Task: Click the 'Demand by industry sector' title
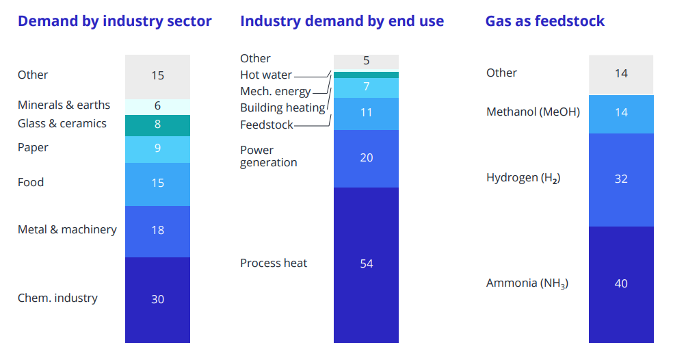point(115,21)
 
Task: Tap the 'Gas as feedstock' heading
point(544,21)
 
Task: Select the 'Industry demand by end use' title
point(342,21)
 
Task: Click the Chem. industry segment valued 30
point(157,300)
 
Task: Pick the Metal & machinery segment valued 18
point(157,231)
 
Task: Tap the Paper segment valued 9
point(157,149)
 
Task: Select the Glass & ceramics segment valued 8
point(157,125)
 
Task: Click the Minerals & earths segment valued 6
point(157,107)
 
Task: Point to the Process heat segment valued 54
point(366,265)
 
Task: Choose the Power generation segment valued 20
point(366,159)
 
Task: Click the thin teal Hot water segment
point(366,75)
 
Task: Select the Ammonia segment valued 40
point(621,285)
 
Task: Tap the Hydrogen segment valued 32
point(621,180)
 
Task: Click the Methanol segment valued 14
point(621,114)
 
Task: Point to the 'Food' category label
point(31,182)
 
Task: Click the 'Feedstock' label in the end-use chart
point(267,125)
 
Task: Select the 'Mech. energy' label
point(275,92)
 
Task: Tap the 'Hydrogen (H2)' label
point(523,178)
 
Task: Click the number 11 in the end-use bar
point(366,112)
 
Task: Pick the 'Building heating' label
point(282,108)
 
